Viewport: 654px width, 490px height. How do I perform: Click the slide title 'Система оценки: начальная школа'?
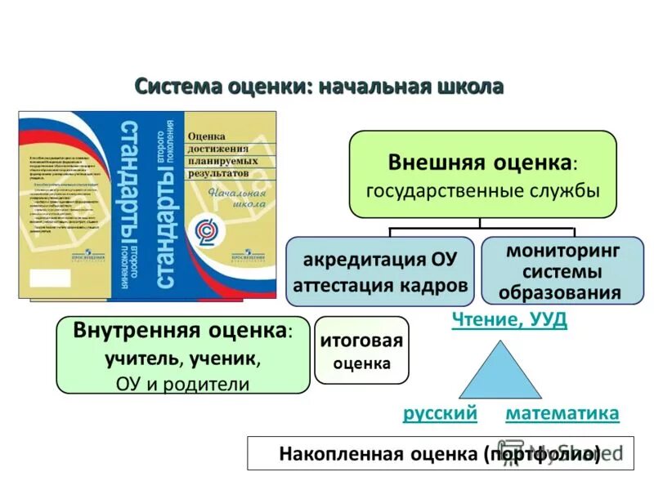318,87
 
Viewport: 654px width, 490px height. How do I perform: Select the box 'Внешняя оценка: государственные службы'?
482,174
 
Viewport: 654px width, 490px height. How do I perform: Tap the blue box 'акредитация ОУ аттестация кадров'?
380,271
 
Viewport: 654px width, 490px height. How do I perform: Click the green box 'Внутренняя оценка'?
182,355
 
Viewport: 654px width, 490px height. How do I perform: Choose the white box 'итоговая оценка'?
361,350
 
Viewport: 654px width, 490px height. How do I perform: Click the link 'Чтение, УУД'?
509,320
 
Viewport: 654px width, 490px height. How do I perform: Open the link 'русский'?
440,414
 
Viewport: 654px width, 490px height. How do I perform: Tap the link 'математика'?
562,414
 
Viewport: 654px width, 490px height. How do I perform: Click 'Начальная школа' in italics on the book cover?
237,199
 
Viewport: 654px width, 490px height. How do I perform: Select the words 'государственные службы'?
482,190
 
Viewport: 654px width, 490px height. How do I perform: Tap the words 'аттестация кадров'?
380,285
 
